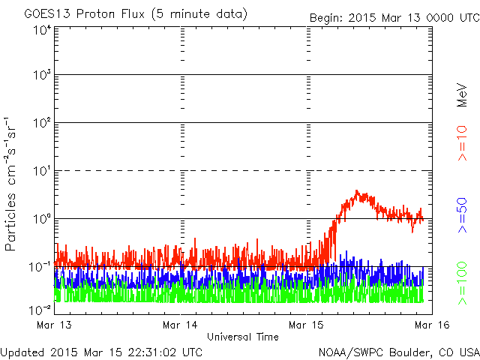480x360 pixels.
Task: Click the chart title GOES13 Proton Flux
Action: tap(84, 13)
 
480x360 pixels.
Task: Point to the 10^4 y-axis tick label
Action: tap(43, 31)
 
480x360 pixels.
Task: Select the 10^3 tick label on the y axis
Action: tap(43, 75)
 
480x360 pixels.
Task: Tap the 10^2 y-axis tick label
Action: tap(43, 123)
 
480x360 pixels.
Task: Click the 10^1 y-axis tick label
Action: tap(43, 171)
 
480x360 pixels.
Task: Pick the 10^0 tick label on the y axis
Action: tap(43, 219)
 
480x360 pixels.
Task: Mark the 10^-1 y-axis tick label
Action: tap(40, 267)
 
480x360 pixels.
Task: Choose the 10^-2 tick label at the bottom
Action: tap(40, 310)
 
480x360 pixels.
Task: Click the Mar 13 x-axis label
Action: tap(54, 325)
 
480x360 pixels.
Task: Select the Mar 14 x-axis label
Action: tap(180, 325)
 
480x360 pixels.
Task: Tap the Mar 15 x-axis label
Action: tap(306, 325)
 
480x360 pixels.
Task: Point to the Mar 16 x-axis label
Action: tap(432, 325)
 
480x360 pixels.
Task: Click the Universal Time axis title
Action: tap(243, 337)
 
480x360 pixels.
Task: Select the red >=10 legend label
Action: tap(462, 143)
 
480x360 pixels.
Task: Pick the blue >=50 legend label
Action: tap(462, 215)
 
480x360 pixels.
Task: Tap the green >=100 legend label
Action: tap(462, 283)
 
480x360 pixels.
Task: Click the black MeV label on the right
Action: tap(462, 95)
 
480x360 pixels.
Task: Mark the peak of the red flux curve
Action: tap(356, 190)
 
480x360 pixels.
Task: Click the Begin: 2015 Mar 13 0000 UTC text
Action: tap(394, 18)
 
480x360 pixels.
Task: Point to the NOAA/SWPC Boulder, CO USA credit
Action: tap(399, 352)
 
